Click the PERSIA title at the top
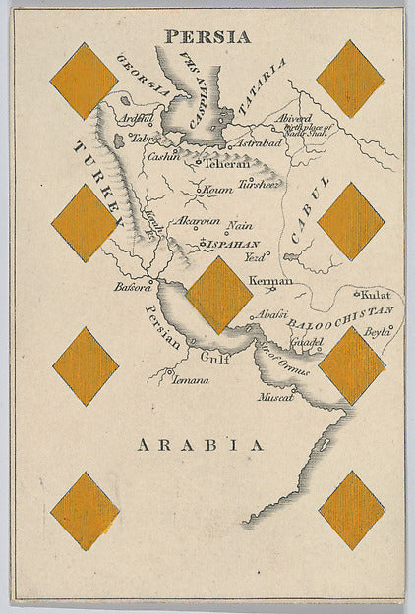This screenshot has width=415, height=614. pyautogui.click(x=207, y=37)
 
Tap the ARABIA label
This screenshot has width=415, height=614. pyautogui.click(x=201, y=445)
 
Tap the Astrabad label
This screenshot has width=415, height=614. pyautogui.click(x=257, y=143)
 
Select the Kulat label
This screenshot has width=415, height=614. pyautogui.click(x=376, y=294)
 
